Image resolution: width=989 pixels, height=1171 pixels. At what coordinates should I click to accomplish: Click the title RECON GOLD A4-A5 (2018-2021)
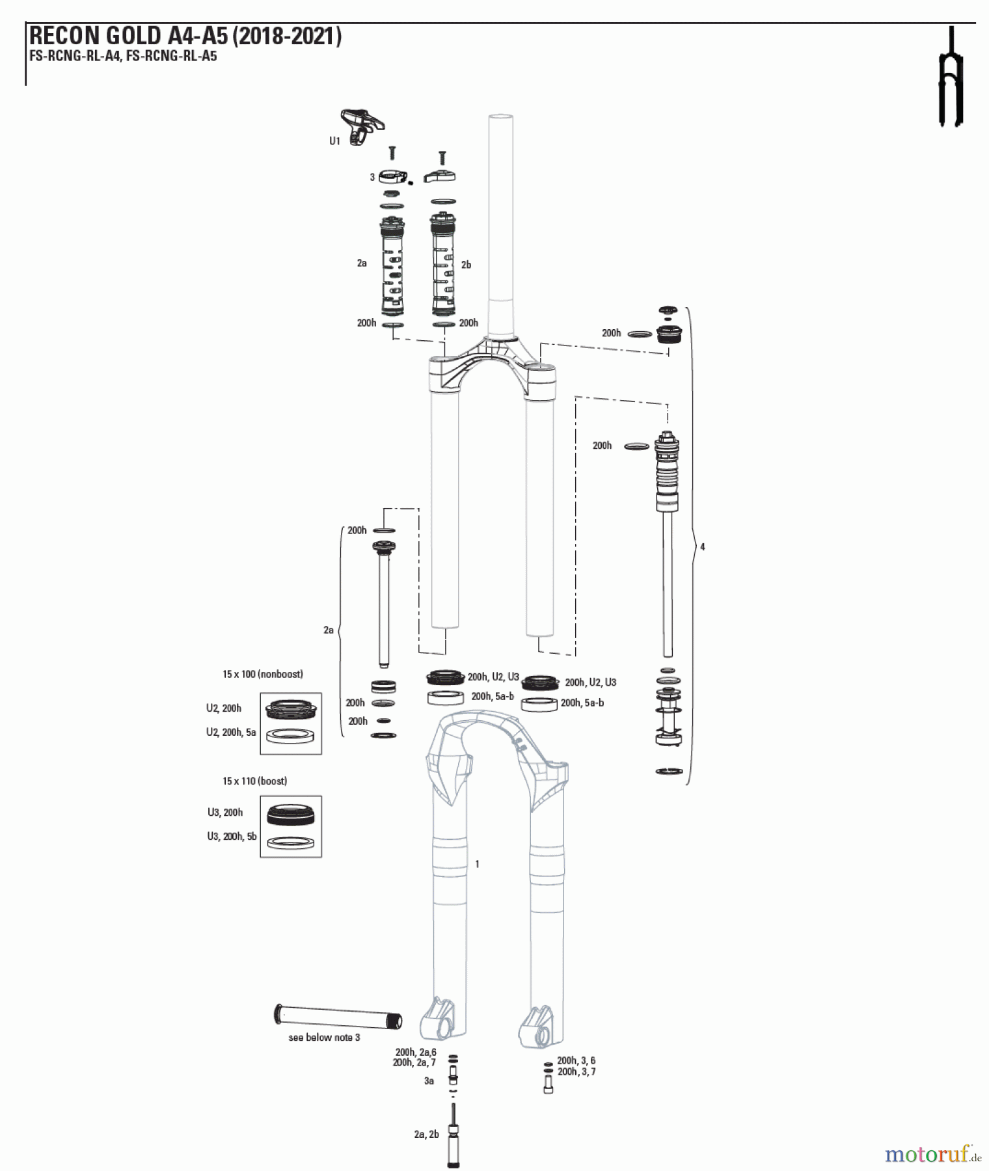click(x=185, y=36)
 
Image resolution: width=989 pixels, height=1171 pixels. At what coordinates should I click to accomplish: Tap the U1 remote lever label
click(x=334, y=141)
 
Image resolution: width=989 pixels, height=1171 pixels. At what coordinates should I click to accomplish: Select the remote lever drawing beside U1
click(x=362, y=126)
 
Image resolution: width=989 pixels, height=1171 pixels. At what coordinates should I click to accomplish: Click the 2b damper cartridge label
click(x=466, y=265)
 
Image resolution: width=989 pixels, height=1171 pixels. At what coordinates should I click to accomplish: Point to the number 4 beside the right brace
click(x=703, y=547)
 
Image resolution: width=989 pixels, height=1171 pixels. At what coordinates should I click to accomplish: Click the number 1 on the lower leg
click(x=478, y=864)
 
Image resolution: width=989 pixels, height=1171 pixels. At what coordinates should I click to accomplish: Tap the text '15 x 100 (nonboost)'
click(x=263, y=674)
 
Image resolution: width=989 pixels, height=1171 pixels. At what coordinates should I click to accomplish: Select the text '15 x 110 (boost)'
click(x=255, y=781)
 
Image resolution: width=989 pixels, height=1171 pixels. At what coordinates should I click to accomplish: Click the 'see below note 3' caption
click(x=324, y=1037)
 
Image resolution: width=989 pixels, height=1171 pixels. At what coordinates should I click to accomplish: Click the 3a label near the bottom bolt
click(x=429, y=1081)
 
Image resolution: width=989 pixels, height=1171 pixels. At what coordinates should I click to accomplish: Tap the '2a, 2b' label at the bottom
click(x=427, y=1134)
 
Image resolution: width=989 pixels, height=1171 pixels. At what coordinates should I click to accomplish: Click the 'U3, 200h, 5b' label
click(x=232, y=837)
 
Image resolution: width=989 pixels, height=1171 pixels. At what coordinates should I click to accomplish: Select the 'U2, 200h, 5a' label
click(x=231, y=732)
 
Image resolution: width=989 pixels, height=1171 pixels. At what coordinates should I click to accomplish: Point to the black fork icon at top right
click(x=951, y=78)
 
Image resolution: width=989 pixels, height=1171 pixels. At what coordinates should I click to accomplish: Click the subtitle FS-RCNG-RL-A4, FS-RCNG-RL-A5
click(x=123, y=56)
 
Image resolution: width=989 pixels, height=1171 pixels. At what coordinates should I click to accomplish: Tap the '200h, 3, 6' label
click(x=576, y=1060)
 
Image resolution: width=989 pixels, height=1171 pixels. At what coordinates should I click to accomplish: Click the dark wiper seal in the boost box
click(x=291, y=814)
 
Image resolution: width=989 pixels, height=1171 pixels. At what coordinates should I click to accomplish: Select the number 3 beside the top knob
click(x=372, y=177)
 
